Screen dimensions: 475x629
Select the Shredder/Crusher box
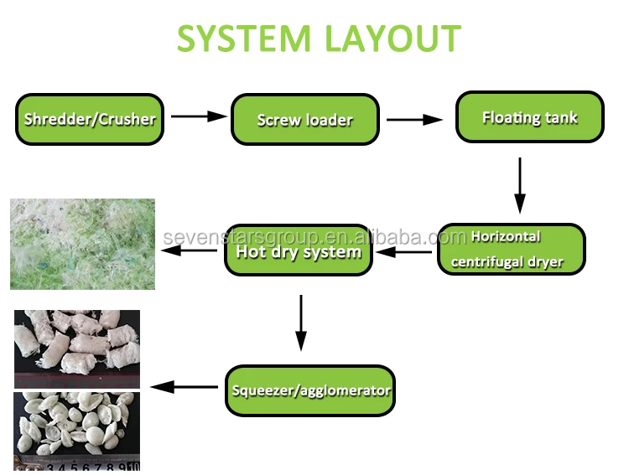tap(90, 119)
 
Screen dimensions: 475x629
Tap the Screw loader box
tap(304, 119)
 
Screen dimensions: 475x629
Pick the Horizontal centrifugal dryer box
tap(511, 249)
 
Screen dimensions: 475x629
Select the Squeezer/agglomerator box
tap(309, 390)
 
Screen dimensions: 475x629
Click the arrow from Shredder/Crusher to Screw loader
tap(199, 117)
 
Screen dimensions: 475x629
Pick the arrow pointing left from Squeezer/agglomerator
tap(185, 387)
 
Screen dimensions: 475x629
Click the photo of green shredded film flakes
tap(82, 244)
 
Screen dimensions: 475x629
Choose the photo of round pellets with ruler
tap(76, 431)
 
